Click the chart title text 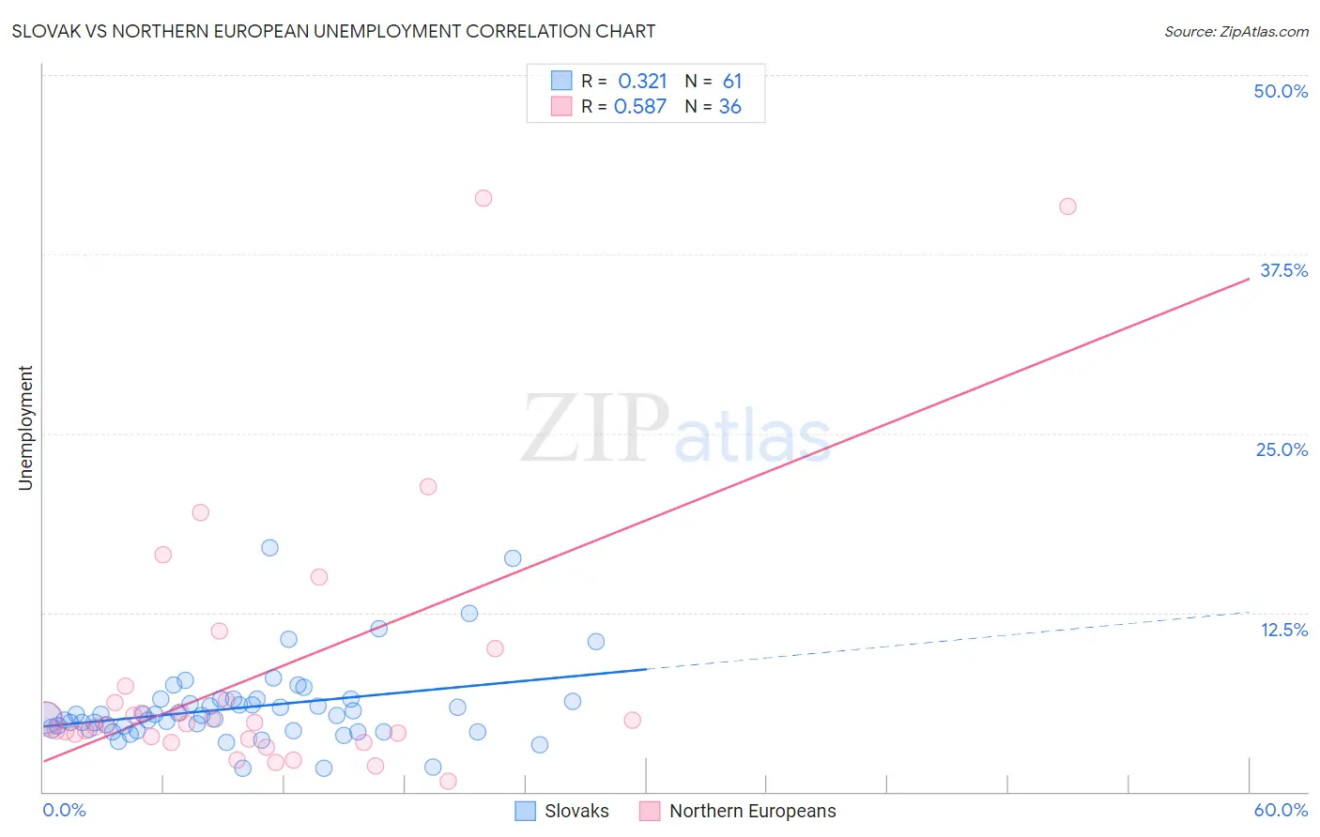coord(333,31)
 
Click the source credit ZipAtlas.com coord(1236,31)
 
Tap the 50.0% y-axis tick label coord(1281,91)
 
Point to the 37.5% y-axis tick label coord(1283,270)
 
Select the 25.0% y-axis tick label coord(1282,449)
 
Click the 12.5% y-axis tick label coord(1283,630)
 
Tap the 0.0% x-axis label coord(64,810)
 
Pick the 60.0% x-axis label coord(1281,810)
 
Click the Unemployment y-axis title coord(25,428)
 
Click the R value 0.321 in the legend coord(642,81)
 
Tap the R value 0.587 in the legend coord(640,107)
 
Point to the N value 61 coord(732,81)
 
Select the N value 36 coord(729,107)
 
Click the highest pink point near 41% coord(483,198)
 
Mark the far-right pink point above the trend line coord(1067,206)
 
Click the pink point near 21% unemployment coord(428,486)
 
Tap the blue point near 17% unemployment coord(269,548)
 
